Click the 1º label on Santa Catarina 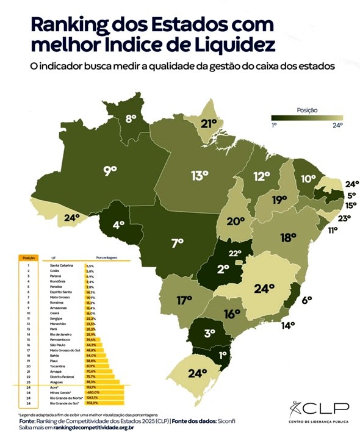[x=223, y=353]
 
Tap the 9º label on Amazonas [x=110, y=171]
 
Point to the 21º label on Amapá [x=210, y=124]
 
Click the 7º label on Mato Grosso [x=178, y=243]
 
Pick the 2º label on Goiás [x=224, y=268]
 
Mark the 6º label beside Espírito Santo [x=306, y=300]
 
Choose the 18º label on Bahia [x=288, y=237]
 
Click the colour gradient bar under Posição [x=308, y=119]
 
